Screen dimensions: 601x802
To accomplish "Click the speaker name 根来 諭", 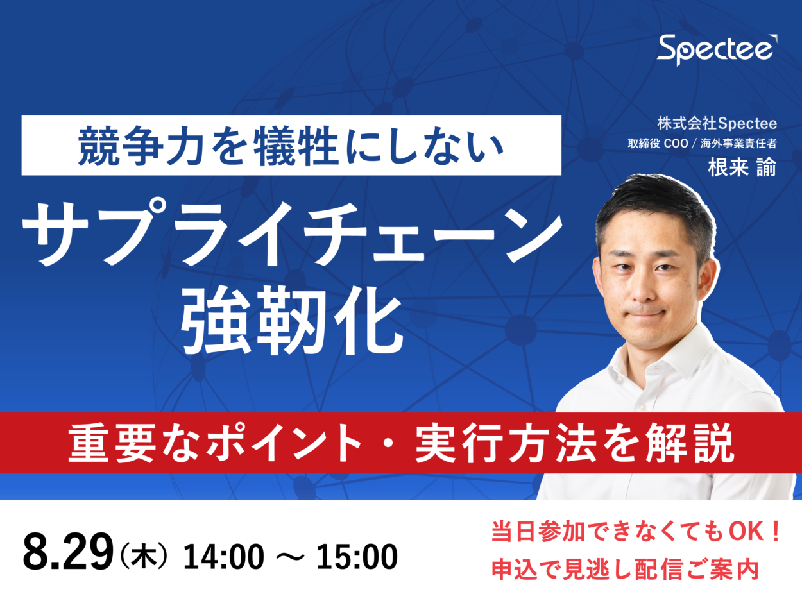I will [x=741, y=167].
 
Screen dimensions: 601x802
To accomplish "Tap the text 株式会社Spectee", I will [x=717, y=123].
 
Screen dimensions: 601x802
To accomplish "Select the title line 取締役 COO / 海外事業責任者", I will [x=702, y=144].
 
